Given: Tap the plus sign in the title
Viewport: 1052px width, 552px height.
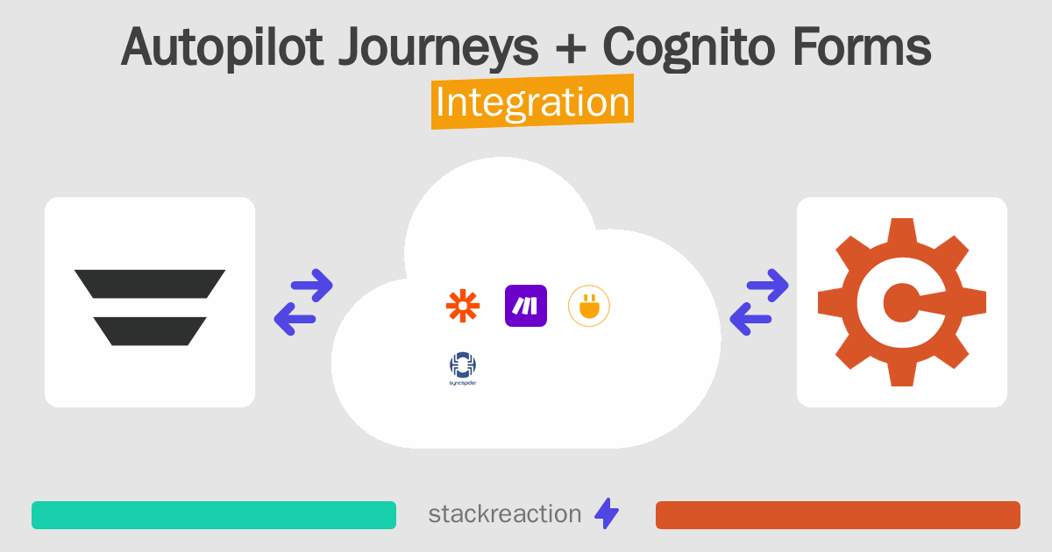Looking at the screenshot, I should (x=570, y=48).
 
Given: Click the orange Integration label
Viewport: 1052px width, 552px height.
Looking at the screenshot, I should (x=532, y=103).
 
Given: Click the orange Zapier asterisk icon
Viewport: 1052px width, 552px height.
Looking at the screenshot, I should (x=462, y=306).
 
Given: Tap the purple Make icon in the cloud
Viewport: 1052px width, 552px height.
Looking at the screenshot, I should (x=526, y=306).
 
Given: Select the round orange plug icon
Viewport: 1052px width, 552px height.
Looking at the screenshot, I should (x=589, y=306).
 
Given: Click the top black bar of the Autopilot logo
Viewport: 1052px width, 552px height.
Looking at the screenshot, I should (x=150, y=283).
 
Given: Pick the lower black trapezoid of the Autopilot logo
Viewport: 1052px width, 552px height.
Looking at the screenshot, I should (x=150, y=330).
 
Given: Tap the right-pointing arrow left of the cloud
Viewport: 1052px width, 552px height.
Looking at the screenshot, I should (x=311, y=285).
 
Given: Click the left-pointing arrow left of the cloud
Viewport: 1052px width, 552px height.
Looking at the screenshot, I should (x=296, y=319).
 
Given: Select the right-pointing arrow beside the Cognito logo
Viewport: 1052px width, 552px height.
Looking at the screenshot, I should (x=767, y=285).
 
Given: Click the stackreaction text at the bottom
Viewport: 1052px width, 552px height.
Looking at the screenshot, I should (x=504, y=514).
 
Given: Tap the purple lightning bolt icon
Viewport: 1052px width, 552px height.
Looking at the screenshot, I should (x=607, y=514).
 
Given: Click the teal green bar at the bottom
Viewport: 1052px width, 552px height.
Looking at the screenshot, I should (x=214, y=515).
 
